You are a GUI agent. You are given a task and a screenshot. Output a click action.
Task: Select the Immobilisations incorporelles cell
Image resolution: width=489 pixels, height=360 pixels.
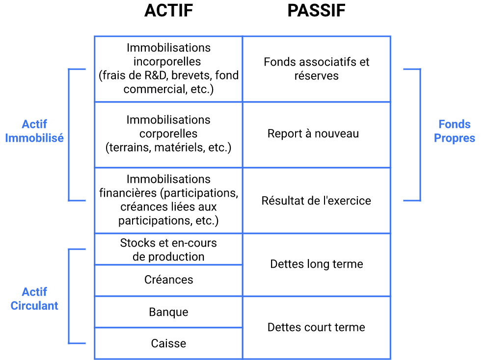(168, 69)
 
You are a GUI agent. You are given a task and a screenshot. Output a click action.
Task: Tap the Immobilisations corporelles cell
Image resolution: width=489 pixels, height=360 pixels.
(168, 134)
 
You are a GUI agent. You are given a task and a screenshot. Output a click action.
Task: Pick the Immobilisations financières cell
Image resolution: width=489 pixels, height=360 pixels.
(168, 200)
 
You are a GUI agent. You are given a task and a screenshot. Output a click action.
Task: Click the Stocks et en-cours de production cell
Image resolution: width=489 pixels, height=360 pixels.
(168, 250)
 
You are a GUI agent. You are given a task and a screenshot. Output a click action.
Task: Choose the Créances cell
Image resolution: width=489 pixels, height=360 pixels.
(168, 280)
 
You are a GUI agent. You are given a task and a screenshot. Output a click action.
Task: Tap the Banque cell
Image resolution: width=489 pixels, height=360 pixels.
(168, 312)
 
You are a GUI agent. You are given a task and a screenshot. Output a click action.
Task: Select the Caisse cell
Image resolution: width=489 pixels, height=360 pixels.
(168, 343)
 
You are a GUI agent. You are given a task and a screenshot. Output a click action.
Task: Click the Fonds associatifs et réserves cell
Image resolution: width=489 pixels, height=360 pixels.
(316, 69)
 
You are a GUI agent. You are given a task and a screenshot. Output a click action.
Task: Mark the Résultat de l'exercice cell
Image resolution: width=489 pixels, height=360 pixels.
(316, 201)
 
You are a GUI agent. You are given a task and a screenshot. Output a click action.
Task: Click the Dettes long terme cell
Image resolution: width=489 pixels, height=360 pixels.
(316, 264)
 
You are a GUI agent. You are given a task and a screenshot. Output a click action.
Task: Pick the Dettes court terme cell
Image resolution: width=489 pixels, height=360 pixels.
(316, 327)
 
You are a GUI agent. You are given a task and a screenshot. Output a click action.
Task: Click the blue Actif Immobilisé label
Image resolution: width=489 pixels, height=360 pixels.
(34, 131)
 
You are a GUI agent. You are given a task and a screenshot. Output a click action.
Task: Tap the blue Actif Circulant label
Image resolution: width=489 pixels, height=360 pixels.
(34, 299)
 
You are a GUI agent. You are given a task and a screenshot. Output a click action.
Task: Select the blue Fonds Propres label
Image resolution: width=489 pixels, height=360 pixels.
(454, 131)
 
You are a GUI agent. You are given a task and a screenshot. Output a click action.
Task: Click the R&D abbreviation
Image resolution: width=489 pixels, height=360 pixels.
(157, 76)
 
